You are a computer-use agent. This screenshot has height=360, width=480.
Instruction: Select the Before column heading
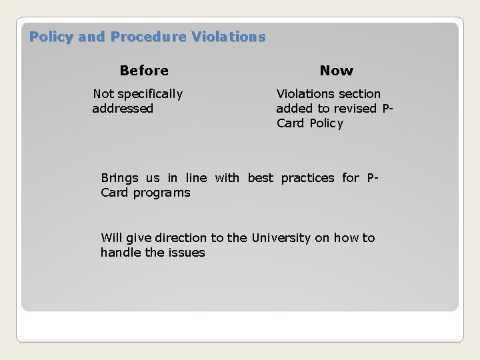[144, 71]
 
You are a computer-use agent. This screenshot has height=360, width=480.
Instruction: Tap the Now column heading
[337, 71]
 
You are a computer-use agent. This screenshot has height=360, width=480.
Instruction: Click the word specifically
[150, 94]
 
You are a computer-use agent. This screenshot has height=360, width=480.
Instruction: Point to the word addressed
[123, 109]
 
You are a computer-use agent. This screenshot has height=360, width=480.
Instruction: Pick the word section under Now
[359, 94]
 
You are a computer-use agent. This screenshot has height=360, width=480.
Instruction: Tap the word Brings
[119, 178]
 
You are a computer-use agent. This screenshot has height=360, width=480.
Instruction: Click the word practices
[307, 178]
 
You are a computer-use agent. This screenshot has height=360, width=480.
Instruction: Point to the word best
[261, 178]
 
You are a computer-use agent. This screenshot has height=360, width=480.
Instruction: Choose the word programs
[161, 193]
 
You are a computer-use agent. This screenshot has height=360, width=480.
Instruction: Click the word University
[281, 238]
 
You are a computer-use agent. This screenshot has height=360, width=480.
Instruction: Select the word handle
[119, 253]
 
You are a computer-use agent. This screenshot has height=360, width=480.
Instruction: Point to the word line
[196, 178]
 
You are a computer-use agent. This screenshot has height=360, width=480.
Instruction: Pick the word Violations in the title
[228, 37]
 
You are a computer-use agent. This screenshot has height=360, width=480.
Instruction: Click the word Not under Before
[103, 94]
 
